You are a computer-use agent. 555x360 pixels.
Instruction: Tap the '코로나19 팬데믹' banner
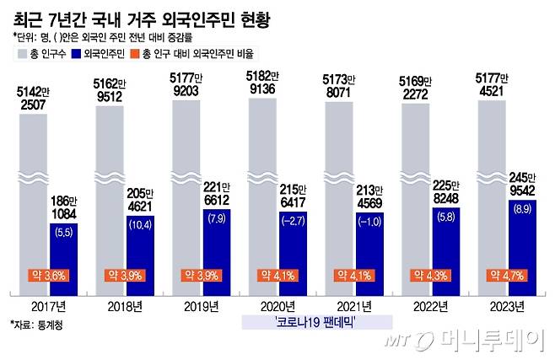click(319, 323)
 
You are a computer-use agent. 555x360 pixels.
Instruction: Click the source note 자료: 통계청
click(38, 324)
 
